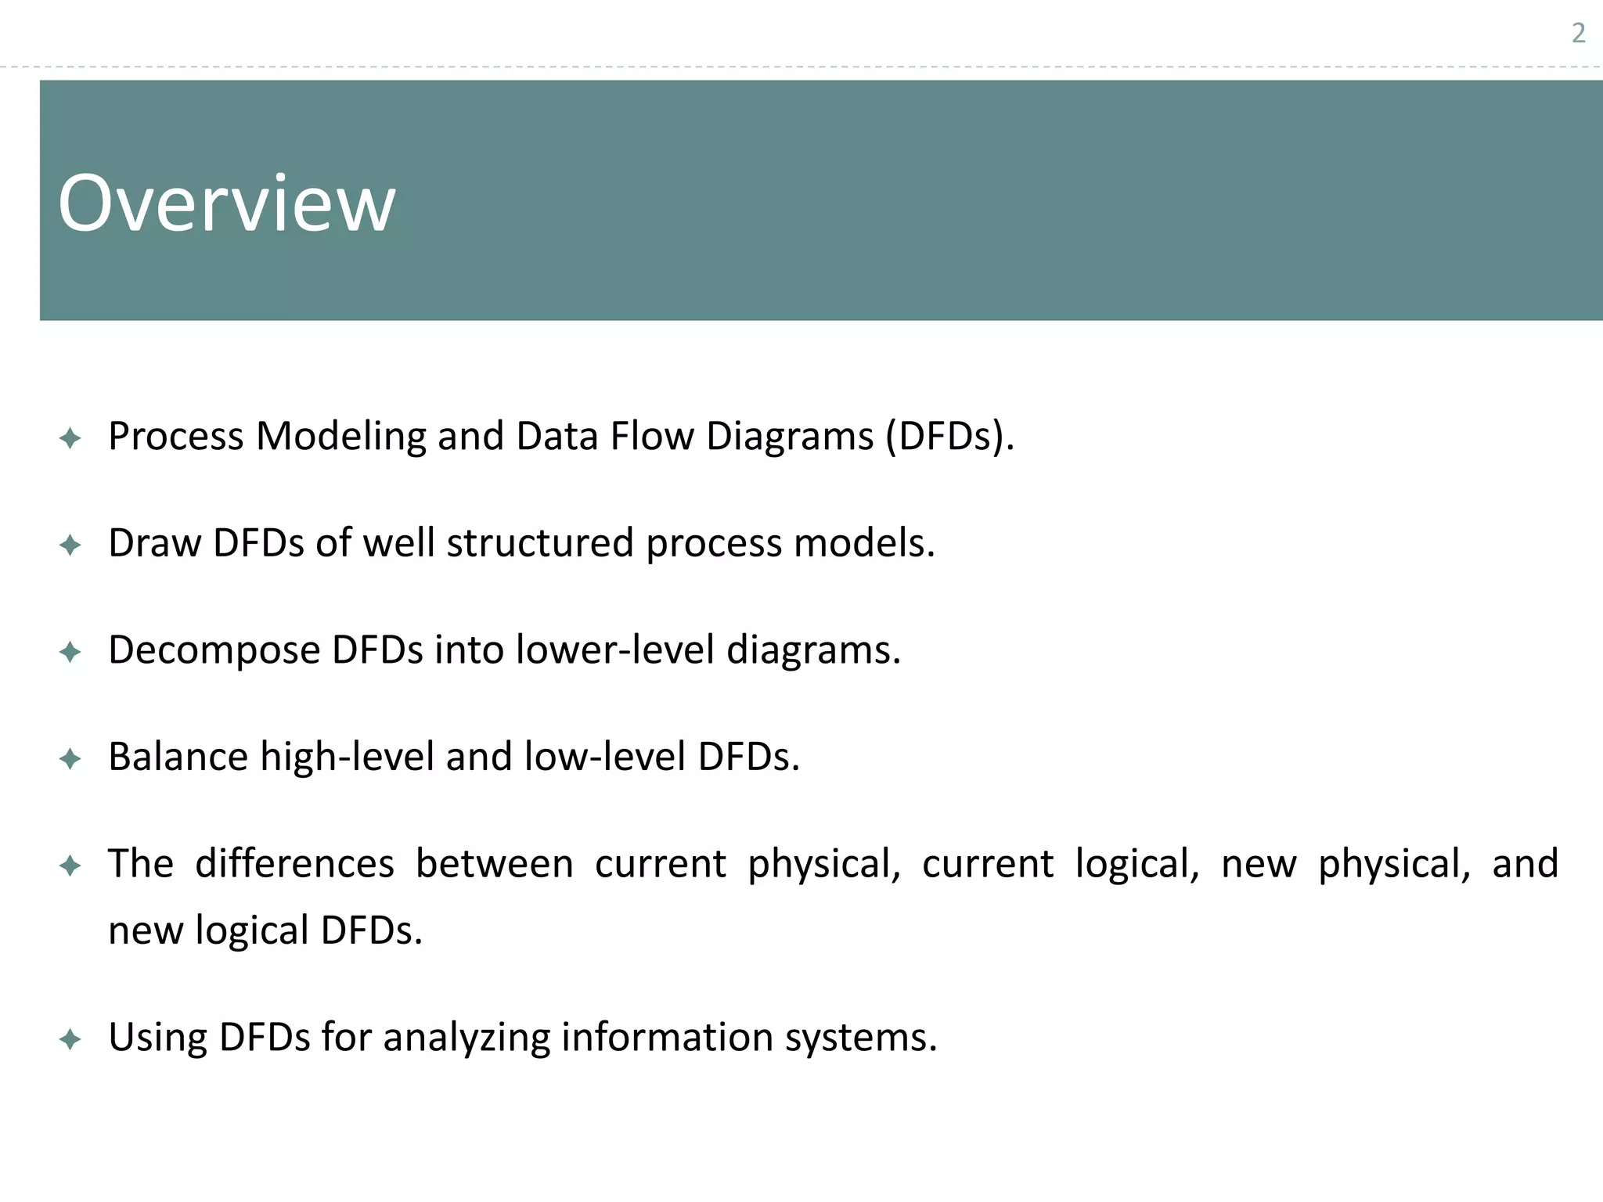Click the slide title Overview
coord(226,203)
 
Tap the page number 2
coord(1579,34)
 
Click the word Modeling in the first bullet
coord(340,437)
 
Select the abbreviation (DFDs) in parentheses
coord(949,437)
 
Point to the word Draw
coord(154,543)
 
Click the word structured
coord(539,543)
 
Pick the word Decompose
coord(214,650)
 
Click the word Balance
coord(178,757)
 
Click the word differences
coord(294,864)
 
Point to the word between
coord(494,864)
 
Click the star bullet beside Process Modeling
coord(70,438)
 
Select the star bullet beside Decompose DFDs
coord(70,652)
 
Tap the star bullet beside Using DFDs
coord(70,1039)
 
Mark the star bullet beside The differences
coord(70,866)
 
